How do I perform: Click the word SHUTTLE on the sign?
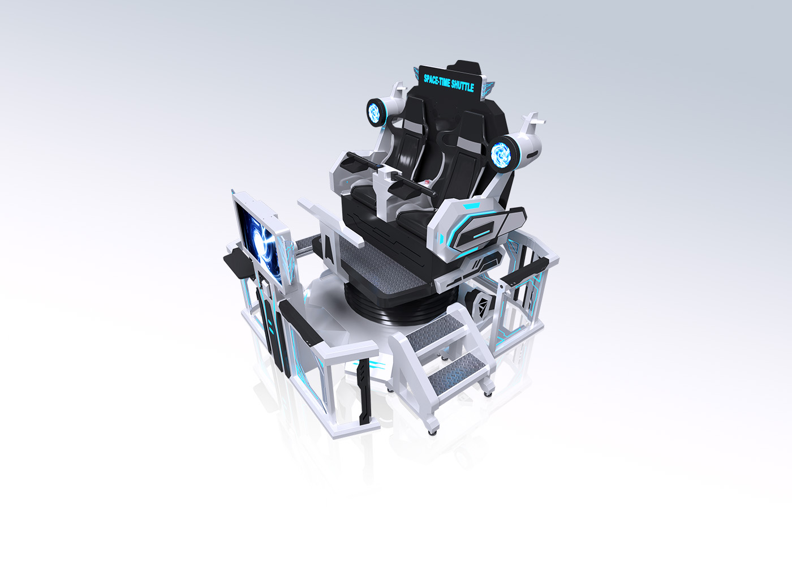[463, 85]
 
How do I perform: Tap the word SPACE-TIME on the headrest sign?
[437, 81]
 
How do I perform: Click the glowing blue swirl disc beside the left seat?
[373, 112]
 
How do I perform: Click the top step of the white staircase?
[434, 331]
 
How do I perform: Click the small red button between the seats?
[428, 182]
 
